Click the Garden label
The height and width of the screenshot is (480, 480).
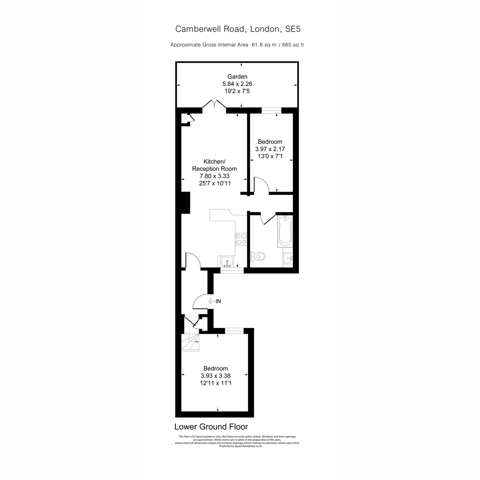tap(237, 76)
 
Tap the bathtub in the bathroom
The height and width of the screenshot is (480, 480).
tap(285, 231)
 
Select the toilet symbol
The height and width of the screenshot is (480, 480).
tap(258, 256)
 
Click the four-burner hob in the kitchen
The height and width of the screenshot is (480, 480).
tap(241, 239)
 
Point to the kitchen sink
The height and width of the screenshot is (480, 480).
tap(227, 262)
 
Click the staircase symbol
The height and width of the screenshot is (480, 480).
tap(190, 342)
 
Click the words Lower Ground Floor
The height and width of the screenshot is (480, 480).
tap(211, 427)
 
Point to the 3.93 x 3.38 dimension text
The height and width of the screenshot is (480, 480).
tap(216, 376)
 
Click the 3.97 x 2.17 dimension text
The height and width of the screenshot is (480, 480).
tap(270, 149)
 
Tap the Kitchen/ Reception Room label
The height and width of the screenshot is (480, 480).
tap(214, 165)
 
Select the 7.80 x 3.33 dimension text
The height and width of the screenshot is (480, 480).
tap(214, 176)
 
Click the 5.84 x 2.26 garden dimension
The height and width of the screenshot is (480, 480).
tap(237, 84)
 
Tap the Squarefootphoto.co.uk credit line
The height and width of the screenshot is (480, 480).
tap(240, 446)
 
